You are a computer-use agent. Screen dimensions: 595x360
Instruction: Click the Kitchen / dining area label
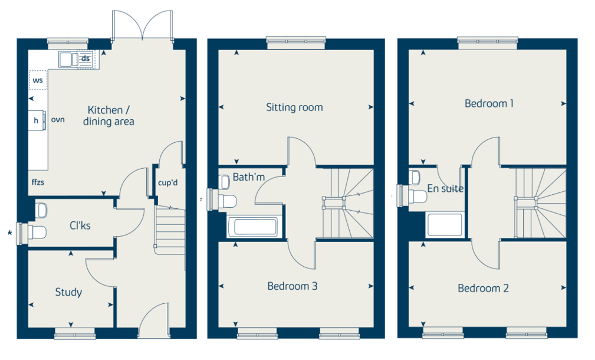click(109, 116)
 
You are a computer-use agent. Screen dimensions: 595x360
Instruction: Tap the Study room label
click(68, 292)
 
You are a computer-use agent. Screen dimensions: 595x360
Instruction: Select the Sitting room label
click(294, 107)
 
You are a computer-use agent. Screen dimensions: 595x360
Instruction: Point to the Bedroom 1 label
click(489, 103)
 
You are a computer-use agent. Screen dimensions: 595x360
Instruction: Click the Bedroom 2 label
click(483, 288)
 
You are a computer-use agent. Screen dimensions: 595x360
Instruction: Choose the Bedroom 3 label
click(292, 286)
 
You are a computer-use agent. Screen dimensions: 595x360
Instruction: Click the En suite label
click(445, 188)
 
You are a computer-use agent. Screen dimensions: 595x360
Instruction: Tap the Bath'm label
click(248, 177)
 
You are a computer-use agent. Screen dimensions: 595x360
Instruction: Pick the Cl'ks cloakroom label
click(80, 225)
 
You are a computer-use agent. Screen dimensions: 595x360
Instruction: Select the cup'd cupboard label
click(167, 183)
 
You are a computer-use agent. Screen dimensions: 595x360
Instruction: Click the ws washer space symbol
click(38, 80)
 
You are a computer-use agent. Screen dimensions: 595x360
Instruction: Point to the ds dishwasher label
click(86, 58)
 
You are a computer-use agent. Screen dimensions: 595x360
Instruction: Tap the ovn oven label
click(58, 120)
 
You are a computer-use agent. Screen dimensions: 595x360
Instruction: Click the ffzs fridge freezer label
click(38, 182)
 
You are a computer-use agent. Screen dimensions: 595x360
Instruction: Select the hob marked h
click(37, 120)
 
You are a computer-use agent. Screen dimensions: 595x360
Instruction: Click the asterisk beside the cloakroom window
click(10, 233)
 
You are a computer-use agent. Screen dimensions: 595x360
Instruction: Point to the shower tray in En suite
click(445, 225)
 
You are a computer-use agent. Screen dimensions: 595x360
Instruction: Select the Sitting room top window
click(296, 42)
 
